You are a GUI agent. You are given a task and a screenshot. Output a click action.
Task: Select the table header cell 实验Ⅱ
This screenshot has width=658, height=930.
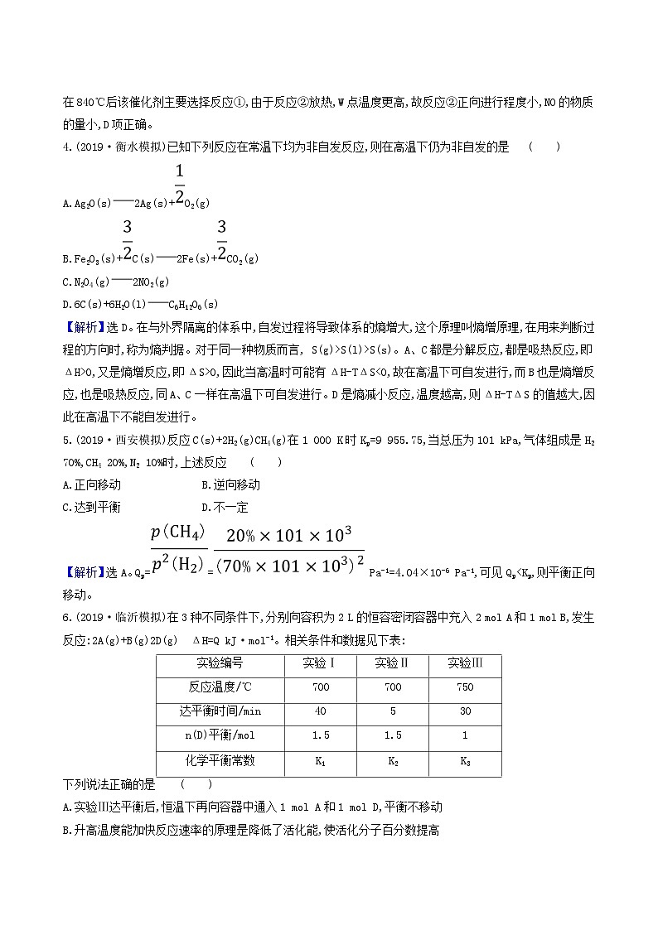(x=393, y=639)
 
